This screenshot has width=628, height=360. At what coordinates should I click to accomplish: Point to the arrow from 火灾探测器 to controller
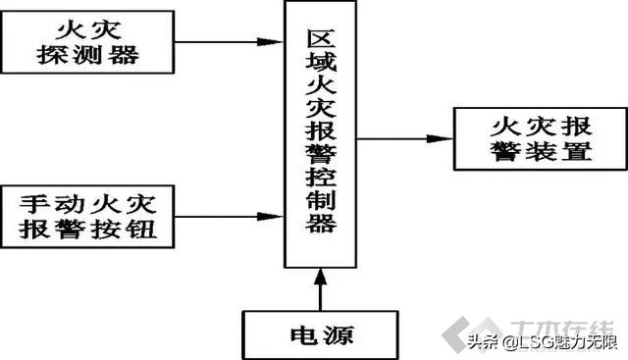[x=227, y=41]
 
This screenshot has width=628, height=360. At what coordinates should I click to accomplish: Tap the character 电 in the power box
[x=294, y=335]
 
